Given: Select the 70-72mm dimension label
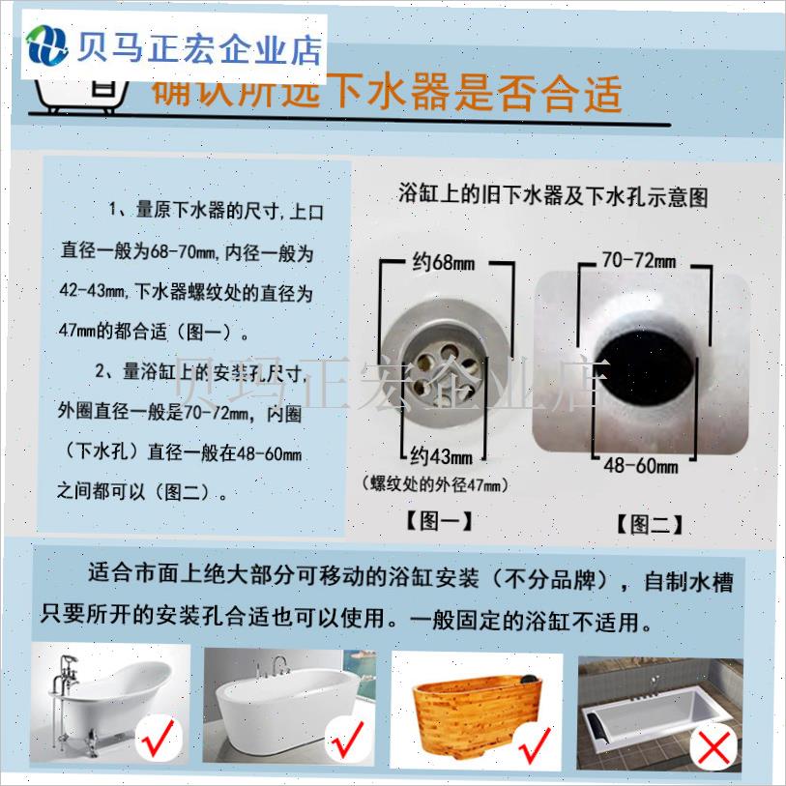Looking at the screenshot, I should pos(638,261).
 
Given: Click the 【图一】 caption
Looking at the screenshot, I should pos(439,522).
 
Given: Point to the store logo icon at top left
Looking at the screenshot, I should pos(44,44).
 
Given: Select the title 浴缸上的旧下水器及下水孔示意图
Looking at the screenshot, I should pos(554,196).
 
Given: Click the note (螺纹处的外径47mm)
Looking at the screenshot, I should pos(435,484).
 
